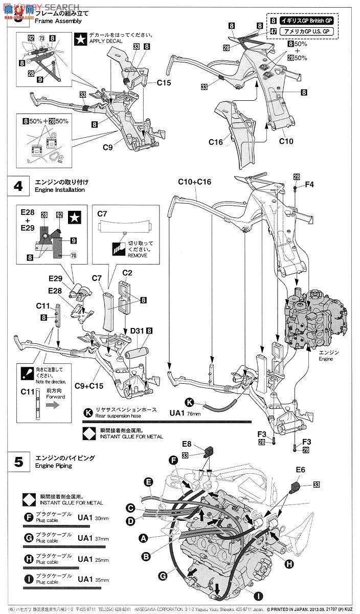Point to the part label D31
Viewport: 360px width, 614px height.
point(136,332)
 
